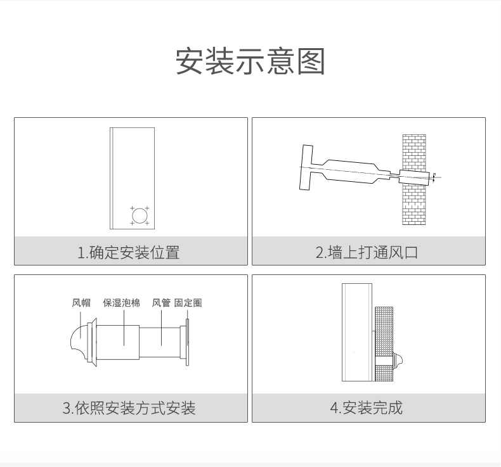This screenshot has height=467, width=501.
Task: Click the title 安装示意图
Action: coord(250,61)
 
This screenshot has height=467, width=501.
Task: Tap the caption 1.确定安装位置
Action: coord(128,252)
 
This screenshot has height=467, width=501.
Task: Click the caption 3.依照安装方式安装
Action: coord(129,407)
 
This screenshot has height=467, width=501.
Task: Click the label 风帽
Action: coord(81,303)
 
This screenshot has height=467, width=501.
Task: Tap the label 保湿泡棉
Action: coord(121,303)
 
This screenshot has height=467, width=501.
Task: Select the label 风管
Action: coord(161,303)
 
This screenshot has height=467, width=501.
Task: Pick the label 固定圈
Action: coord(188,303)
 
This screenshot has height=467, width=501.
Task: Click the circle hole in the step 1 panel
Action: coord(139,215)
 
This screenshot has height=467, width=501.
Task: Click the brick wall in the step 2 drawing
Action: coord(413,203)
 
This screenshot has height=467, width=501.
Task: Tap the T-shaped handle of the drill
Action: coord(306,167)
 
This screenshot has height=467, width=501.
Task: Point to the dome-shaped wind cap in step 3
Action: coord(79,343)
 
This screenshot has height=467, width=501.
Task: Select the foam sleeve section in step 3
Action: coord(119,343)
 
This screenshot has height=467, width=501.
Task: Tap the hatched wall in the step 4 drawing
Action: coord(384,329)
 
